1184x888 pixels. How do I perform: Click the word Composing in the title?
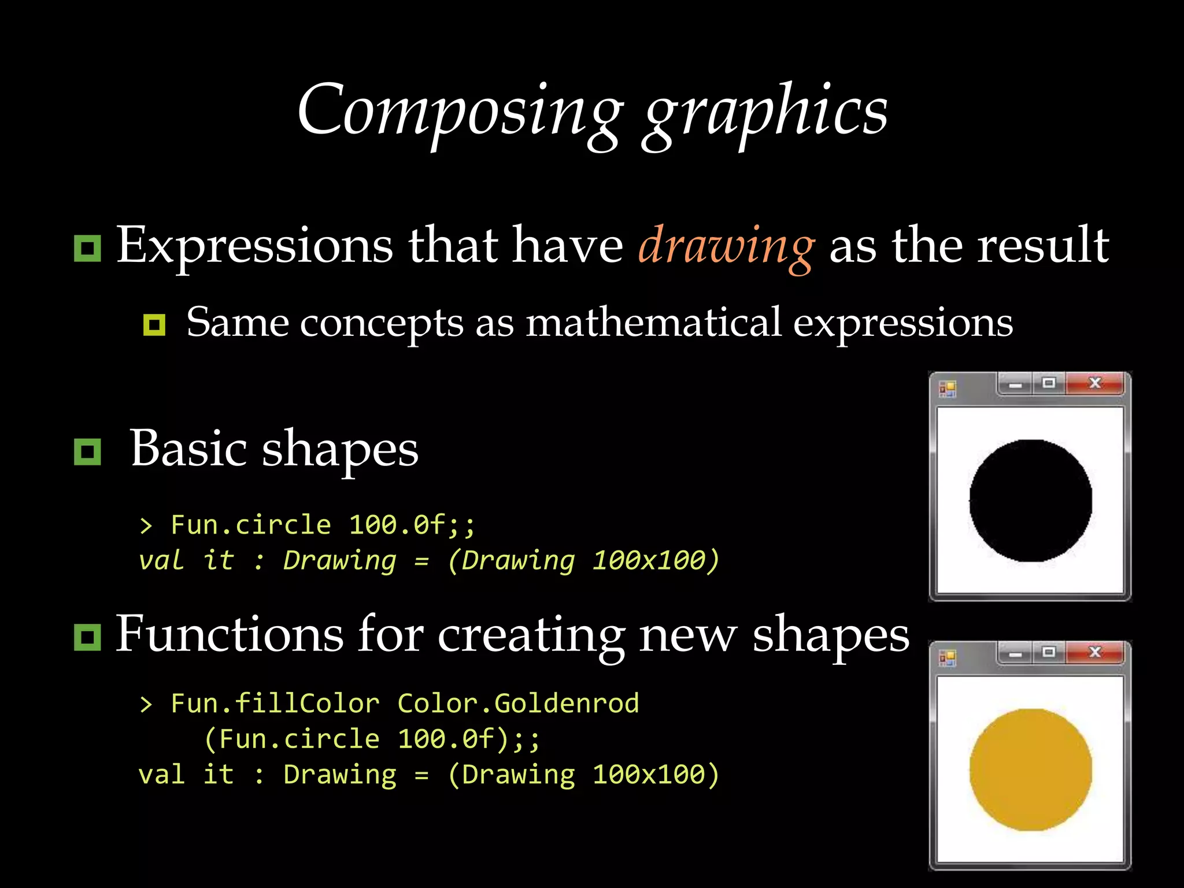(x=460, y=110)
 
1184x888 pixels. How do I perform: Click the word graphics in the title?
(x=766, y=113)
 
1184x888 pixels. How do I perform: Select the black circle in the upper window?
(x=1030, y=501)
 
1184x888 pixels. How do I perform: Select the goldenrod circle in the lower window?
(x=1030, y=769)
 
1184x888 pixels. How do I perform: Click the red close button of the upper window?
(x=1094, y=383)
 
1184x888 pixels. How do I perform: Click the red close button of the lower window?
(x=1094, y=652)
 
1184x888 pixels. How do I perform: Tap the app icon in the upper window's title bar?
(x=948, y=389)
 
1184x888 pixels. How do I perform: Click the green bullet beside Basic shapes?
(x=87, y=452)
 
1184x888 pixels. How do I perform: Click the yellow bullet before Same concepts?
(x=154, y=325)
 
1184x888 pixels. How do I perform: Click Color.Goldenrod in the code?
(x=518, y=704)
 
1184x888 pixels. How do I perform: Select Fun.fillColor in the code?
(x=275, y=704)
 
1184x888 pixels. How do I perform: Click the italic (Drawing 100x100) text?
(x=583, y=560)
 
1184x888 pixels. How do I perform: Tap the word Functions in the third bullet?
(x=230, y=634)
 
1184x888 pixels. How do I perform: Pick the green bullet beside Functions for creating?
(x=87, y=637)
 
